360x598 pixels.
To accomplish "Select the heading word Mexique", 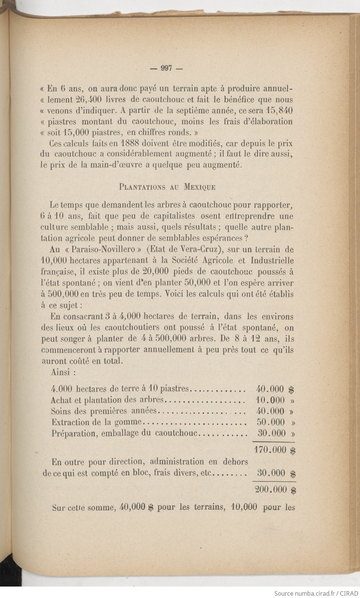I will point(199,187).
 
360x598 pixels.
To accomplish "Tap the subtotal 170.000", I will point(270,450).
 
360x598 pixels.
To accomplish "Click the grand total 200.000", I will point(270,490).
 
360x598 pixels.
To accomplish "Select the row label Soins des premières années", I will point(104,411).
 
